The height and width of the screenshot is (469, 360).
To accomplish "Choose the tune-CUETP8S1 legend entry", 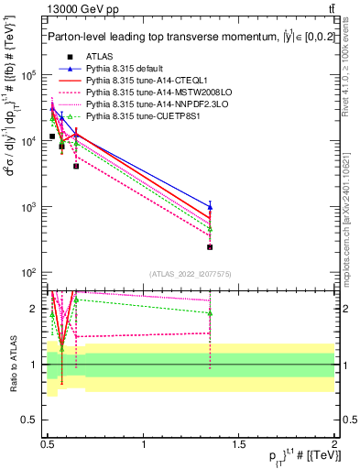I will pos(136,115).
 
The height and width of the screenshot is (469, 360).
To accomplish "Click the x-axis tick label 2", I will pos(334,445).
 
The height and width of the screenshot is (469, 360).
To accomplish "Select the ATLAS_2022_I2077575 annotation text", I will pos(190,275).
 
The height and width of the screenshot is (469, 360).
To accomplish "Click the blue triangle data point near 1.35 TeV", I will pos(211,207).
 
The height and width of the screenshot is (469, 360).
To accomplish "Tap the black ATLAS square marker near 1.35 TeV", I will pos(211,246).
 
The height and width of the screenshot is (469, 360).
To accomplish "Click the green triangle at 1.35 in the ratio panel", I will pos(211,313).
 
